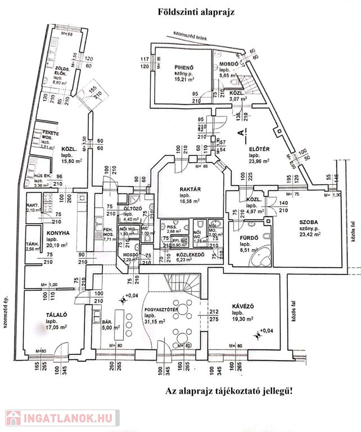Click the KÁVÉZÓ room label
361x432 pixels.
click(x=243, y=306)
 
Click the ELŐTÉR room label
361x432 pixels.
click(x=260, y=149)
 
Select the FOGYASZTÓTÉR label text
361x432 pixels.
click(x=162, y=309)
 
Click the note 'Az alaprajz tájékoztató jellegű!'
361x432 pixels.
click(x=229, y=390)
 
